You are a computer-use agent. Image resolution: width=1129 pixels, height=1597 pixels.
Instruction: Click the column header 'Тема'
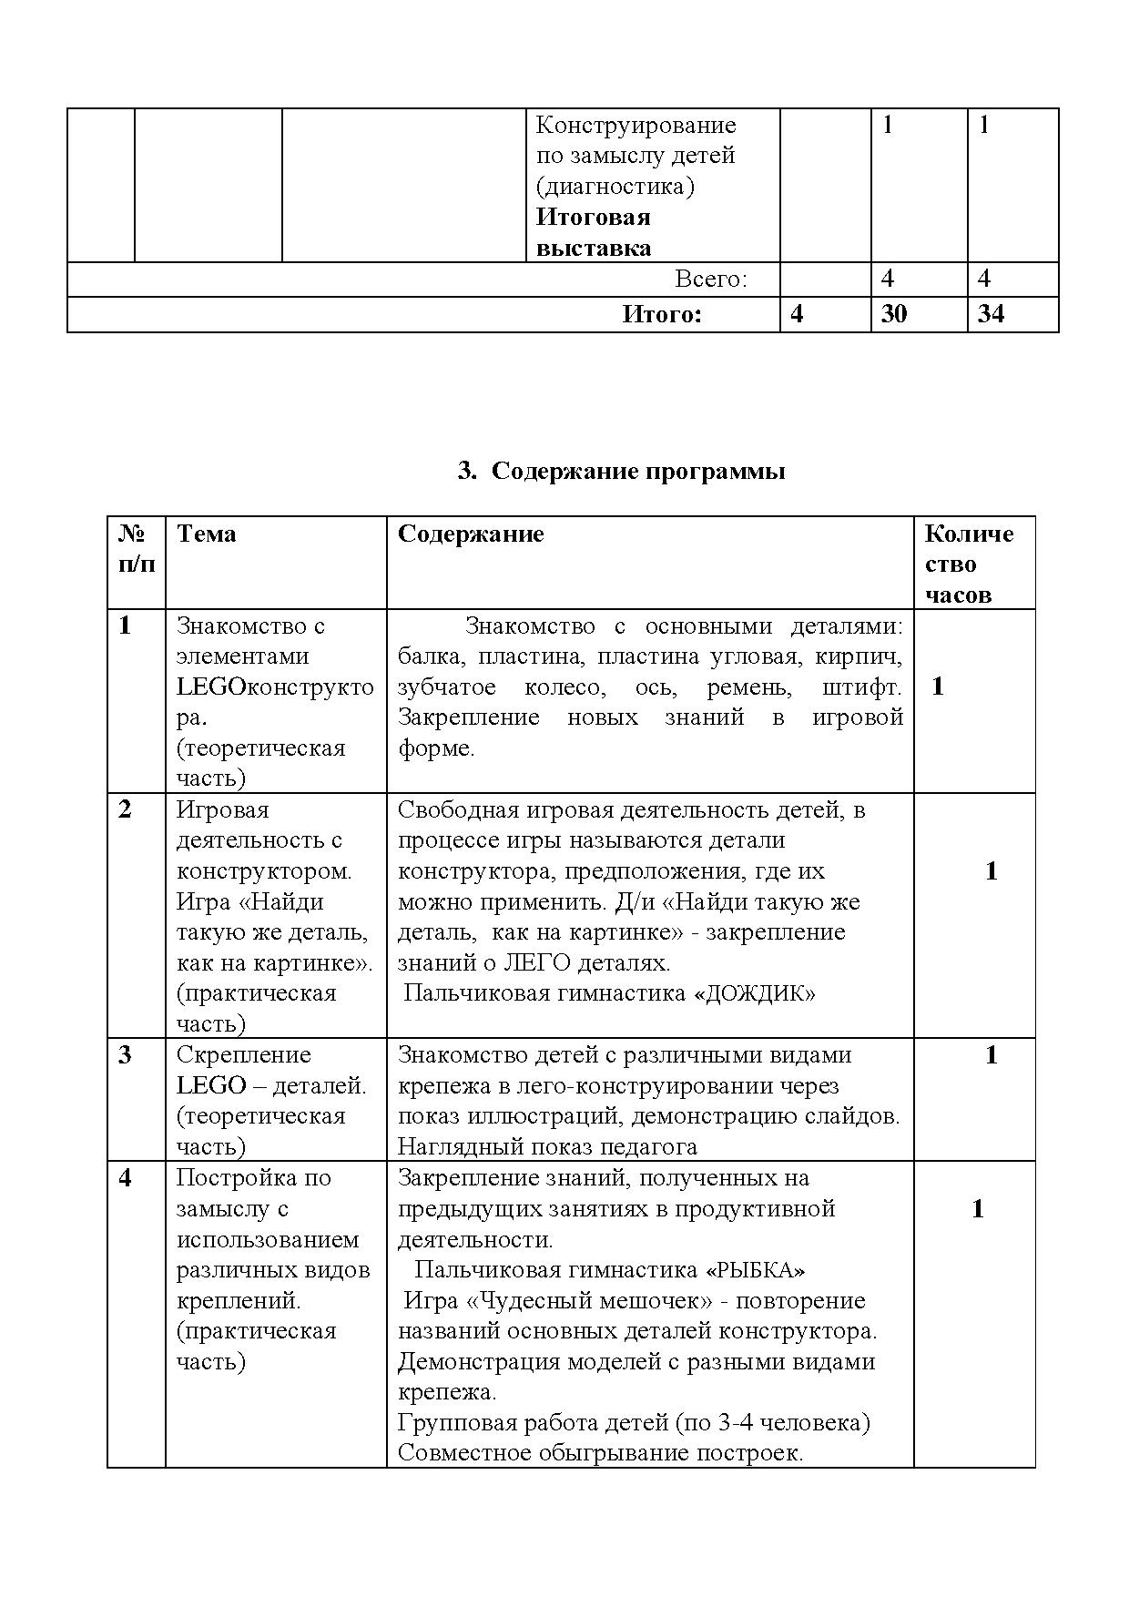click(x=206, y=534)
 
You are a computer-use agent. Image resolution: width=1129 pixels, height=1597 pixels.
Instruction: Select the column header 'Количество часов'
click(x=968, y=564)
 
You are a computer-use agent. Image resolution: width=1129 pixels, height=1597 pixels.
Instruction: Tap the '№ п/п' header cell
click(x=136, y=548)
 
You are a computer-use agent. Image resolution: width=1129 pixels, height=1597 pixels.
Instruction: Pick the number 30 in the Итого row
click(x=894, y=314)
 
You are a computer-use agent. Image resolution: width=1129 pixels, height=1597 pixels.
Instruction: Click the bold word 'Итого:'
click(x=662, y=315)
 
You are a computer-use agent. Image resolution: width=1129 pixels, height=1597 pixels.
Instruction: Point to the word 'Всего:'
click(x=711, y=280)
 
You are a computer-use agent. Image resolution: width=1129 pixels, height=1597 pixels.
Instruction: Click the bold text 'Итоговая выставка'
click(x=593, y=232)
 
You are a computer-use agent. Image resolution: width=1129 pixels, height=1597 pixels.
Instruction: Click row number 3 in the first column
click(x=126, y=1055)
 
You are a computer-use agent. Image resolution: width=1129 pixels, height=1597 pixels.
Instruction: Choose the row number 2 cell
click(x=126, y=809)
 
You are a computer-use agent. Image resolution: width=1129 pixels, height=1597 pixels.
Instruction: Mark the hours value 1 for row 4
click(x=977, y=1209)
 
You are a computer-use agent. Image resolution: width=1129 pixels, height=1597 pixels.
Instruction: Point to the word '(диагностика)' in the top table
click(x=615, y=187)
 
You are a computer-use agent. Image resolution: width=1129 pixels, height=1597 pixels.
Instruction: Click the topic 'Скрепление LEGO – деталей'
click(x=270, y=1070)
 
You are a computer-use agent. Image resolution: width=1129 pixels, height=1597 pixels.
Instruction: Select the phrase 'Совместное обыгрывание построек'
click(x=600, y=1453)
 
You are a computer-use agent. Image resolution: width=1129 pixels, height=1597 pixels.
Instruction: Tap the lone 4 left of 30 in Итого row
click(x=798, y=314)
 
